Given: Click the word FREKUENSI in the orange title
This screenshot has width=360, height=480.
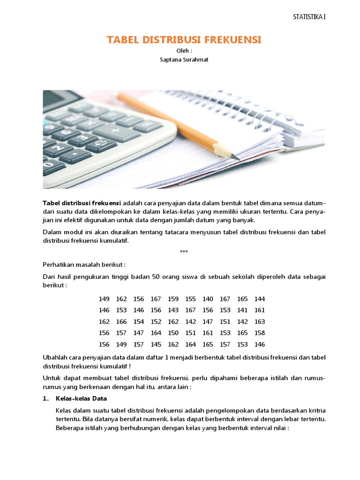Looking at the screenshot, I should click(229, 40).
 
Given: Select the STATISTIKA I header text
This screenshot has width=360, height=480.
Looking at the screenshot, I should click(309, 17).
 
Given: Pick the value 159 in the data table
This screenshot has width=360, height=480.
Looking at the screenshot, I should click(173, 299).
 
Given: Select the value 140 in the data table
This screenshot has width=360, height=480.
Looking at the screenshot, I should click(208, 299).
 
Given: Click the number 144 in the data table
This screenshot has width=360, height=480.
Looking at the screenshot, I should click(260, 299).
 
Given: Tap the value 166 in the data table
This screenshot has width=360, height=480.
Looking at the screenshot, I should click(121, 322).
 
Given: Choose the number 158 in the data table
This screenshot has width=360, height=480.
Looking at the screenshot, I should click(260, 333).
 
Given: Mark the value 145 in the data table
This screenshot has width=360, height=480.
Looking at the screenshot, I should click(156, 344).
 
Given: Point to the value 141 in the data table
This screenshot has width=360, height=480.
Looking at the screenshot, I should click(242, 310).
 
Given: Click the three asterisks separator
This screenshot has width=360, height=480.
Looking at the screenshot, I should click(184, 252).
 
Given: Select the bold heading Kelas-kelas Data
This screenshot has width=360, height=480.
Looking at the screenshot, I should click(81, 398).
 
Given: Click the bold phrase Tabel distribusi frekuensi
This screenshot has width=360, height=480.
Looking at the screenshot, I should click(82, 202).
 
